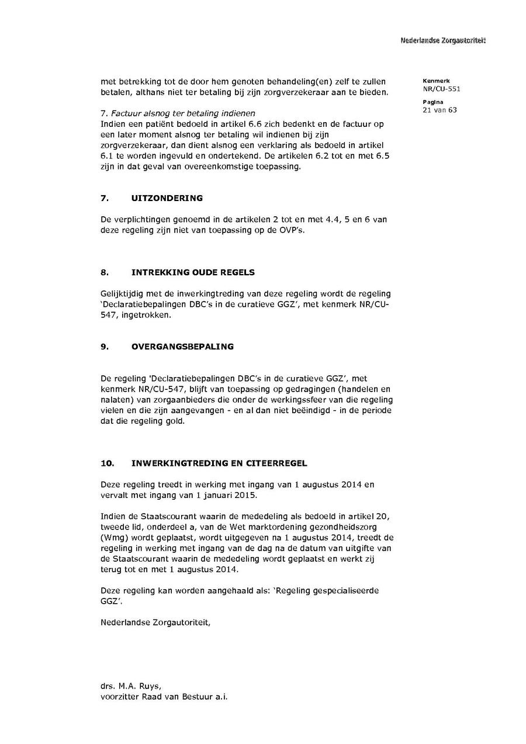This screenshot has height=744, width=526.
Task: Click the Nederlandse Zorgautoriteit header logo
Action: point(443,40)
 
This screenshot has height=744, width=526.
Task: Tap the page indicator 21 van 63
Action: point(440,110)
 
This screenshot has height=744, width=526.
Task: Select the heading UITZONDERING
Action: point(167,198)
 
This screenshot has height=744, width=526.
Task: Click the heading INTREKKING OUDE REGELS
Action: point(193,272)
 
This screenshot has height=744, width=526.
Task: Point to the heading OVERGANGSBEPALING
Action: point(182,347)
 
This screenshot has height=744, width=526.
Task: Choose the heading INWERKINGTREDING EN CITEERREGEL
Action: point(219,463)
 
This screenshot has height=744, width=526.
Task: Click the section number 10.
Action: point(106,463)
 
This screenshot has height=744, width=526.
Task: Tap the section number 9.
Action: point(105,347)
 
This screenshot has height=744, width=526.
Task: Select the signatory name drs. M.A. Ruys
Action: point(130,686)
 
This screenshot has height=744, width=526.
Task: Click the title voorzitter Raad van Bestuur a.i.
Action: point(164,697)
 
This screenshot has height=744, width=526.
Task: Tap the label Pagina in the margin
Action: point(433,102)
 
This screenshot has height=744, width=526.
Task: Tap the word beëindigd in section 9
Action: point(302,410)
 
